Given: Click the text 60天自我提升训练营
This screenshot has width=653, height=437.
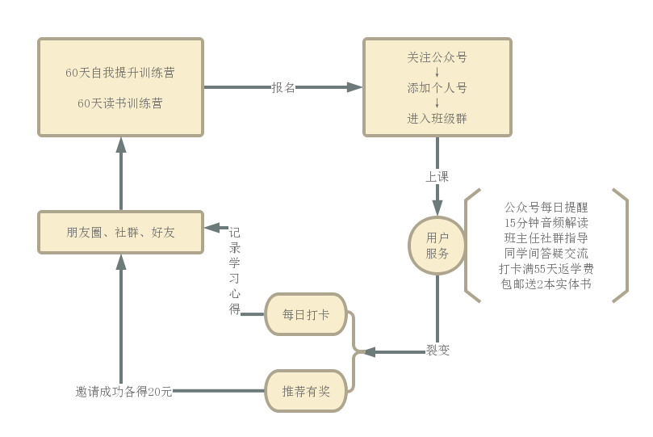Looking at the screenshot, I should (x=120, y=73).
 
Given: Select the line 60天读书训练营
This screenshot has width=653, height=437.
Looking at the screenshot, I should (x=120, y=103).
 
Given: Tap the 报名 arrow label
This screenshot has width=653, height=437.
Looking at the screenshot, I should (x=283, y=87).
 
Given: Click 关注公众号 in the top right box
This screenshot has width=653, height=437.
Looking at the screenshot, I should (x=437, y=57).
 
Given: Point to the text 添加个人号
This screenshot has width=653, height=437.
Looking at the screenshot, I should (x=437, y=88).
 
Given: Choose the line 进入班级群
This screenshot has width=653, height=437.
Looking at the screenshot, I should (x=437, y=119).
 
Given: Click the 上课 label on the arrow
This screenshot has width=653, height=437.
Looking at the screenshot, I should (x=437, y=176).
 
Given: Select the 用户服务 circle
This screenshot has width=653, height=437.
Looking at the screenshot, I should (x=437, y=246).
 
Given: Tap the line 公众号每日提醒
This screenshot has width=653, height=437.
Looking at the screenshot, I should (x=546, y=208).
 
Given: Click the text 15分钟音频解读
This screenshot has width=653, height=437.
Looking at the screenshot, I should (x=546, y=223).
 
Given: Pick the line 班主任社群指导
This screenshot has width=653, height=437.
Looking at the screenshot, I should (x=546, y=238).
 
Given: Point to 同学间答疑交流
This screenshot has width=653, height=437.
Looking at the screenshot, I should (x=546, y=254).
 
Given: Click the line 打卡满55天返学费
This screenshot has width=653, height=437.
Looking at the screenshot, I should (x=546, y=269).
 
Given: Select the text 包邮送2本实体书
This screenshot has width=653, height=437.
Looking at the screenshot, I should (x=546, y=284).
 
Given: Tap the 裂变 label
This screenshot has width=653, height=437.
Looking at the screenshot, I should (x=437, y=351).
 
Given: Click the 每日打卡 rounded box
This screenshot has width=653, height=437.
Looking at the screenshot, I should (x=306, y=314).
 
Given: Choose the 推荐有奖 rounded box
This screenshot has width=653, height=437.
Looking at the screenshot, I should (x=306, y=391).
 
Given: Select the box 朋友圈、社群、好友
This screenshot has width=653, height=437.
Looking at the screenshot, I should (x=120, y=233).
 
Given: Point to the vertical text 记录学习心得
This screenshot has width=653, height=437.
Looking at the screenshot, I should (x=234, y=271).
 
